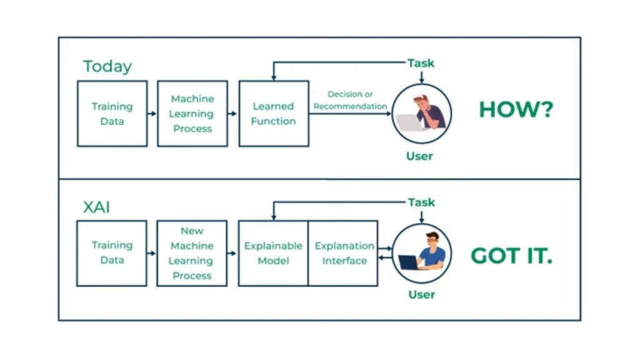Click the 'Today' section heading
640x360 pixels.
coord(107,67)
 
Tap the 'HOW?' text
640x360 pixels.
coord(516,110)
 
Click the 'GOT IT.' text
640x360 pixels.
coord(511,256)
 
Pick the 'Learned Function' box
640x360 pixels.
coord(274,114)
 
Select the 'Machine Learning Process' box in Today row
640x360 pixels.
coord(192,114)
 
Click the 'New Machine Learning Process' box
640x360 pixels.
coord(192,253)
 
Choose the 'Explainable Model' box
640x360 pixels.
coord(273,253)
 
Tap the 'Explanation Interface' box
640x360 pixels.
coord(344,253)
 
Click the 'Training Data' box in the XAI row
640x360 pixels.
coord(112,253)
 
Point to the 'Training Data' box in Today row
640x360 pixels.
coord(112,114)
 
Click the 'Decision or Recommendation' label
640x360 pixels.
coord(350,101)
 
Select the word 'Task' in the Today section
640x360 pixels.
coord(421,63)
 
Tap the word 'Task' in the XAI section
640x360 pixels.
coord(421,202)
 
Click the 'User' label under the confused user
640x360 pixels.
coord(419,156)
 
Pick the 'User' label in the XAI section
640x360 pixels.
coord(421,294)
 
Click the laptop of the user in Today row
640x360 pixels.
coord(409,122)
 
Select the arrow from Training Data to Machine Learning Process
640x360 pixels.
coord(152,114)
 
